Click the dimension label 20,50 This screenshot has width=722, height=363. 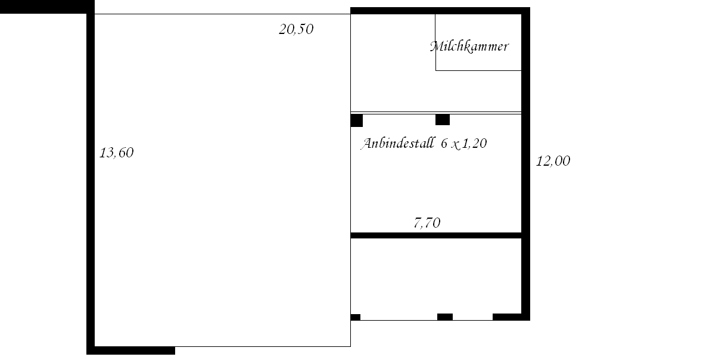click(x=296, y=29)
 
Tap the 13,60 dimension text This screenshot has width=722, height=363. click(x=116, y=153)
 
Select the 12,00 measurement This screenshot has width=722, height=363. click(x=553, y=161)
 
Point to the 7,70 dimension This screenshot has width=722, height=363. click(x=427, y=223)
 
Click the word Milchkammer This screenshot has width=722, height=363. click(x=469, y=46)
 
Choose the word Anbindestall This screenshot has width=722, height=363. click(x=398, y=143)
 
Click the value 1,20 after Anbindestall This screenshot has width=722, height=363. click(x=474, y=144)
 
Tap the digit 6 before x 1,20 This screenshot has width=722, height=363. click(x=444, y=144)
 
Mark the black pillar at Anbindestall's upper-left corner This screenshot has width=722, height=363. click(x=357, y=120)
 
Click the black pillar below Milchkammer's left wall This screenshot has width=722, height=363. click(x=443, y=120)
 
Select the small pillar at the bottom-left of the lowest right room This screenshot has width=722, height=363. click(x=356, y=317)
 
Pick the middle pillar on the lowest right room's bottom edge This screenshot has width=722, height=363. click(x=445, y=317)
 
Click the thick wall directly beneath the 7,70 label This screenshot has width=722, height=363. click(x=436, y=235)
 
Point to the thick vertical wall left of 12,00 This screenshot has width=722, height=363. click(x=525, y=164)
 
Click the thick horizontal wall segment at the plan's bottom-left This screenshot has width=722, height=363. click(x=131, y=350)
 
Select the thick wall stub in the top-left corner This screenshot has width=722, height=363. click(x=47, y=7)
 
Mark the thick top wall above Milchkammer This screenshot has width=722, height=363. click(x=440, y=11)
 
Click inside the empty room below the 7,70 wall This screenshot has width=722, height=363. click(x=436, y=275)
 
